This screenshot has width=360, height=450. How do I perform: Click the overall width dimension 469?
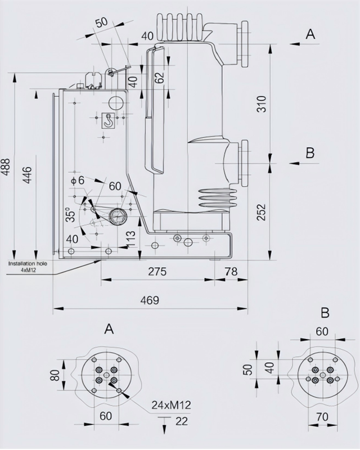click(x=149, y=300)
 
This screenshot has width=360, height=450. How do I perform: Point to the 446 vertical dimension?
click(x=27, y=179)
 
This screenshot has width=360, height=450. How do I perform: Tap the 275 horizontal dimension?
click(x=157, y=272)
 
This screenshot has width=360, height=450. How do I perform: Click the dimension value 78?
click(x=231, y=272)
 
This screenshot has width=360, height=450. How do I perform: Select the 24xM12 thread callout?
click(x=171, y=404)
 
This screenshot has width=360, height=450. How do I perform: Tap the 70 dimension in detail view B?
click(x=321, y=418)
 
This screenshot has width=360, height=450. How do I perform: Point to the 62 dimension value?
click(x=159, y=78)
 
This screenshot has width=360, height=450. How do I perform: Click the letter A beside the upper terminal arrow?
click(x=310, y=34)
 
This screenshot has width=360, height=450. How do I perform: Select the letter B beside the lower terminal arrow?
click(x=310, y=152)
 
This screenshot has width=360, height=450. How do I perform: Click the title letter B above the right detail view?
click(x=325, y=313)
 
